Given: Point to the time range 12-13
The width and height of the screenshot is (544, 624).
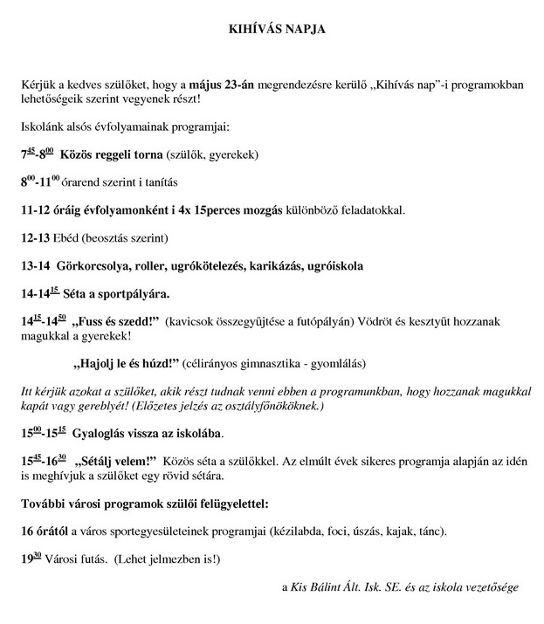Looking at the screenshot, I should tap(35, 237).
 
